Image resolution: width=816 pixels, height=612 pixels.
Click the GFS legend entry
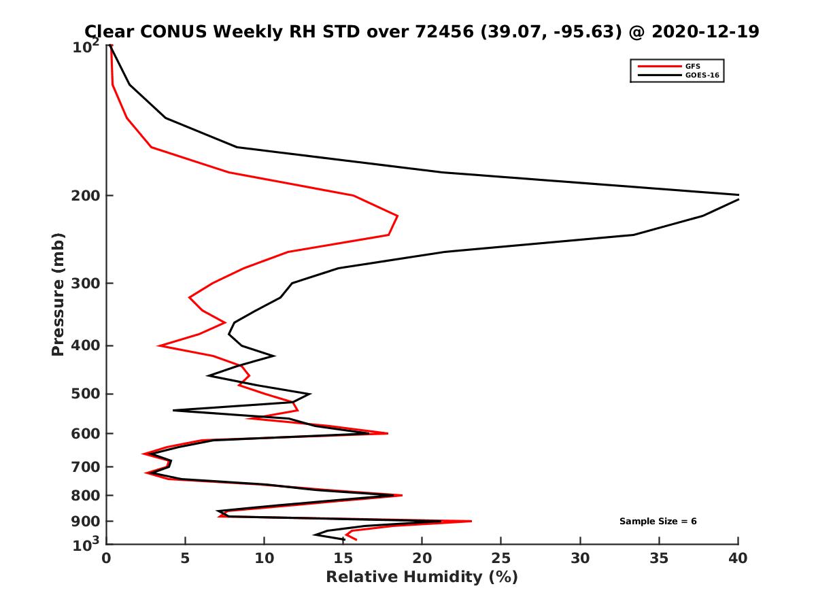coord(692,66)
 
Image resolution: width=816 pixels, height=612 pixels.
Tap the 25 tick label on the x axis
coord(501,558)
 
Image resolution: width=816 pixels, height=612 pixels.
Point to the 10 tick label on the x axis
coord(265,558)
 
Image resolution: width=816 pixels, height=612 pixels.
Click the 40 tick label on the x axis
coord(738,558)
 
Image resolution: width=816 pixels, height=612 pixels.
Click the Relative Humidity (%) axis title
coord(422,577)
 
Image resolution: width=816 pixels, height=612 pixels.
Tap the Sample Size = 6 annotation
coord(658,522)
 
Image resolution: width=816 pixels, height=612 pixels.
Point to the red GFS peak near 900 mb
coord(471,522)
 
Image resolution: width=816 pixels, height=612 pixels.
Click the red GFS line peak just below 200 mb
coord(398,217)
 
